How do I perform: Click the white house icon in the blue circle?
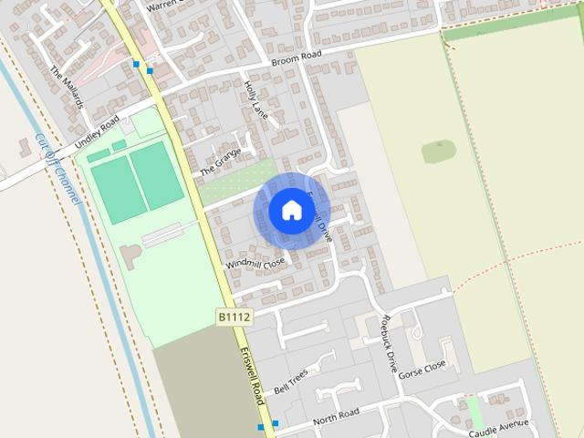290,210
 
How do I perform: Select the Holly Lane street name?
255,100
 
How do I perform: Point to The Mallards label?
68,88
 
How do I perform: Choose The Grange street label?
220,162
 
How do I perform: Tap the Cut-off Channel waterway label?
57,168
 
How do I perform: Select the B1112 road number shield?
234,316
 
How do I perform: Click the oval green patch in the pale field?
439,151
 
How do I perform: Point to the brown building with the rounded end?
130,256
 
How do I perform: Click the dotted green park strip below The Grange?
237,182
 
